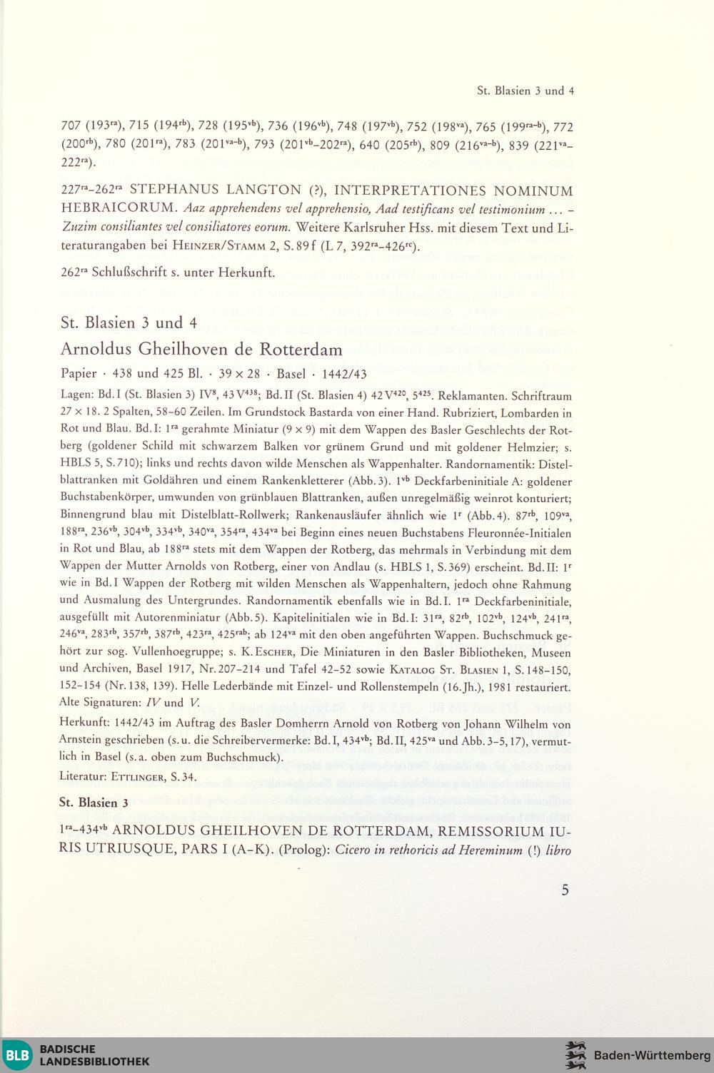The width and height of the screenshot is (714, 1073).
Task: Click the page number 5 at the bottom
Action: coord(565,890)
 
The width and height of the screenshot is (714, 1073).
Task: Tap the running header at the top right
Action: coord(526,91)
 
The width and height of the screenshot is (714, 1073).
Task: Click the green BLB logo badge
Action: coord(18,1055)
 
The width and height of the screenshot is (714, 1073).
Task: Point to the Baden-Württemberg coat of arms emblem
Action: coord(575,1055)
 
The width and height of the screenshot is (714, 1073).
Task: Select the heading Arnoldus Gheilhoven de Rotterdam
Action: coord(201,350)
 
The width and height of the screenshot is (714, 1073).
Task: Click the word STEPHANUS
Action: coord(175,191)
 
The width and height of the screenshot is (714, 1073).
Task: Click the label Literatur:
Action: coord(84,776)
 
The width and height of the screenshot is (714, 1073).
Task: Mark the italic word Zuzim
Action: coord(78,228)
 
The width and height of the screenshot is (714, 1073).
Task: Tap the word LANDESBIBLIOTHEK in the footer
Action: coord(94,1061)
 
